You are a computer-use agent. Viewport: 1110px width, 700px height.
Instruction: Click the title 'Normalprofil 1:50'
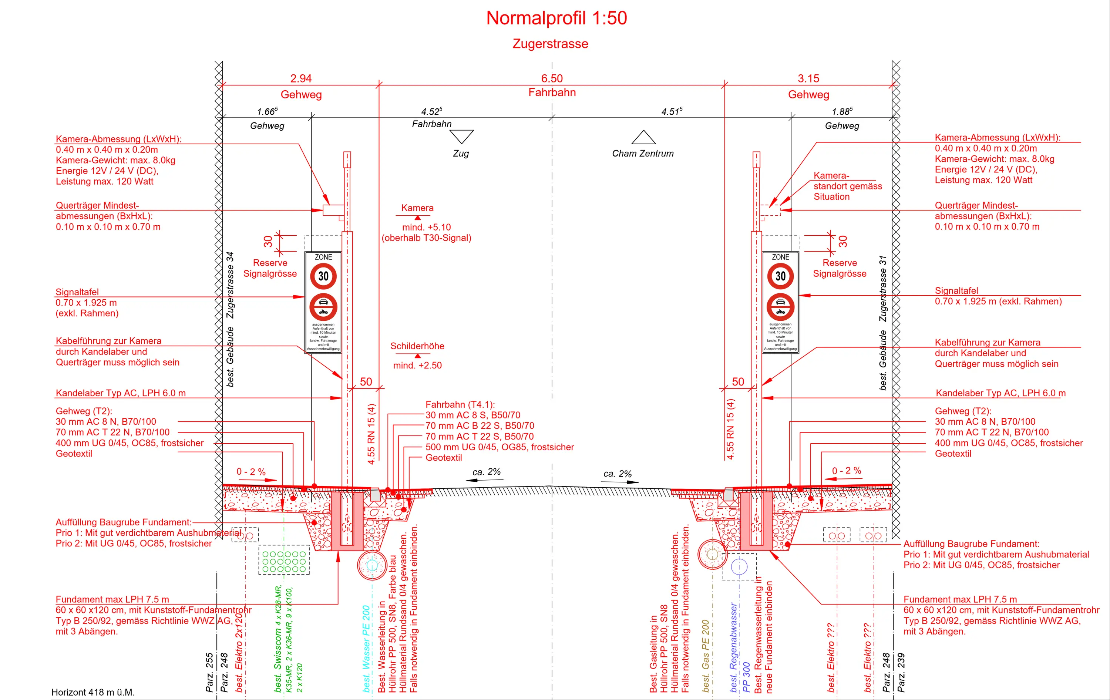click(556, 18)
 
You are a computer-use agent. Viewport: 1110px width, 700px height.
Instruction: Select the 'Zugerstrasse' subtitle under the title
click(551, 44)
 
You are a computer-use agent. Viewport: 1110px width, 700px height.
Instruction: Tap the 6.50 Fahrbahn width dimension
click(552, 79)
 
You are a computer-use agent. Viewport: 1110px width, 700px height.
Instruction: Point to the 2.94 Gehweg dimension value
click(301, 79)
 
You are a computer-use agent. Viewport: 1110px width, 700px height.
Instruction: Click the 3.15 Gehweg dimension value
click(808, 79)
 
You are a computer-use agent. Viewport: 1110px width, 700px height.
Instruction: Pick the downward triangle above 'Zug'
click(461, 136)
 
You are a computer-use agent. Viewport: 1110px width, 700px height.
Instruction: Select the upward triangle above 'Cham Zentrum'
click(643, 138)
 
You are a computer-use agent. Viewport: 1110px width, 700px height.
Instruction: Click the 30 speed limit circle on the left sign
click(323, 276)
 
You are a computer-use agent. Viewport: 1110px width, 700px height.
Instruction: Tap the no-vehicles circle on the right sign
click(780, 307)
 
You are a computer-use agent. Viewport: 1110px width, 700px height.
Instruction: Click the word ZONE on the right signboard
click(780, 257)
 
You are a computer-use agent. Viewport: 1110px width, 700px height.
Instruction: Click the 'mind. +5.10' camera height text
click(426, 227)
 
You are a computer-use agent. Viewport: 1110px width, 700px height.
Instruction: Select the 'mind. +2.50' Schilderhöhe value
click(417, 366)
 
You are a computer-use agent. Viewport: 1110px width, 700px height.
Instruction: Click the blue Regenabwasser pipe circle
click(739, 567)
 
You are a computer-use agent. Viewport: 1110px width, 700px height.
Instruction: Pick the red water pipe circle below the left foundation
click(372, 565)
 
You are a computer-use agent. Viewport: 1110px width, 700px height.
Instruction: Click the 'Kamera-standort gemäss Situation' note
click(847, 186)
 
